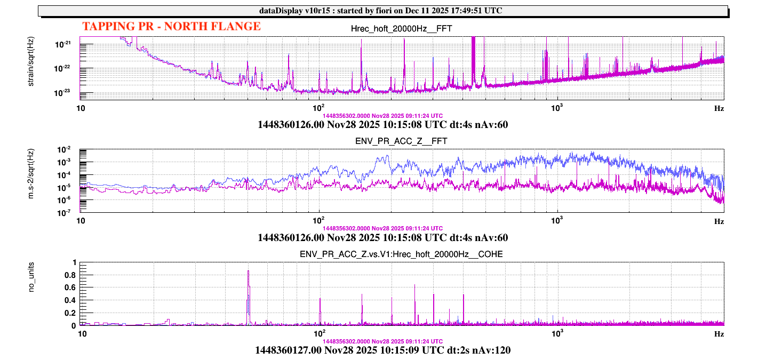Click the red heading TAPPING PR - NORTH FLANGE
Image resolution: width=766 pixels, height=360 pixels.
click(x=171, y=26)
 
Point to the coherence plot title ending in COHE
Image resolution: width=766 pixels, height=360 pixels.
click(x=401, y=254)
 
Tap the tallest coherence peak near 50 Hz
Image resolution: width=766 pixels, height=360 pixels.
click(x=249, y=271)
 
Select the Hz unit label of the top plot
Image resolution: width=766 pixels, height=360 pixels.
click(x=719, y=108)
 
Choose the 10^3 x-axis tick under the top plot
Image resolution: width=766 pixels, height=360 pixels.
click(x=557, y=107)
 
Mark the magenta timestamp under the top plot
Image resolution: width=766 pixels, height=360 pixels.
click(x=382, y=116)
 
